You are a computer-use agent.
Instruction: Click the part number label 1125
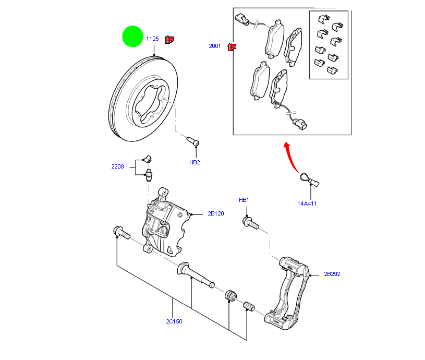(x=152, y=39)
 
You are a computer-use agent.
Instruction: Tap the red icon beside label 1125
(x=169, y=39)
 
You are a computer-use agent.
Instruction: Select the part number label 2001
(x=215, y=46)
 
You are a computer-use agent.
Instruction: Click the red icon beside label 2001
(x=232, y=47)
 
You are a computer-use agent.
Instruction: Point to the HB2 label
(x=195, y=162)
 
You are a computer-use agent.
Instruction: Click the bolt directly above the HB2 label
(x=193, y=141)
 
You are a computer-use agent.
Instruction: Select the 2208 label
(x=117, y=167)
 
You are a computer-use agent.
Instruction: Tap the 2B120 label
(x=215, y=214)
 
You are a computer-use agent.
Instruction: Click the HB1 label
(x=244, y=200)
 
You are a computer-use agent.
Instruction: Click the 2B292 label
(x=332, y=274)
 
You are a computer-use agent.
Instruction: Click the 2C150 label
(x=174, y=321)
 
